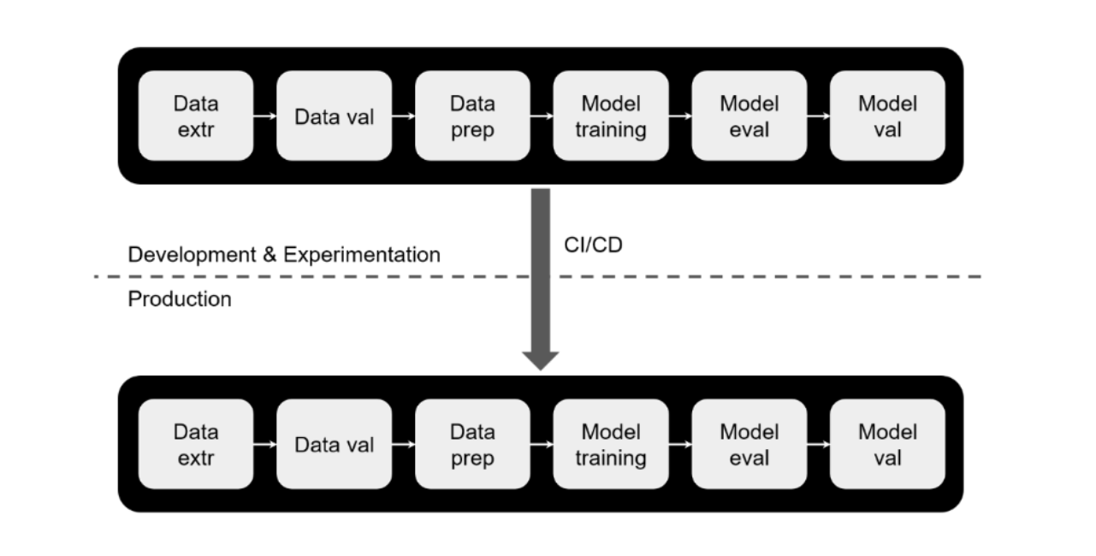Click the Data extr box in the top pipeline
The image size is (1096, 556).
(196, 115)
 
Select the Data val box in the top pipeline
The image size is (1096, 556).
(335, 115)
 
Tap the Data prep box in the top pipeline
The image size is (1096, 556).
(472, 115)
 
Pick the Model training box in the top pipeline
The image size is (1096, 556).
(611, 115)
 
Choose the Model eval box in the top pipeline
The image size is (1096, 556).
(749, 115)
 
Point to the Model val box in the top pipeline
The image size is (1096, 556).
(887, 115)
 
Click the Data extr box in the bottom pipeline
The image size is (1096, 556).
(196, 444)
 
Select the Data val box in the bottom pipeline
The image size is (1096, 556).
(335, 444)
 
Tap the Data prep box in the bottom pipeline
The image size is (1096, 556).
(472, 444)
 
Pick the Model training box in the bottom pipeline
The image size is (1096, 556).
(611, 444)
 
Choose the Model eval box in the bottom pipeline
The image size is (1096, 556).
(749, 444)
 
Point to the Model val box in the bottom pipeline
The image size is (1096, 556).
(887, 444)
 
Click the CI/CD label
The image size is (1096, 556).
(593, 245)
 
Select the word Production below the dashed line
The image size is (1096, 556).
(180, 299)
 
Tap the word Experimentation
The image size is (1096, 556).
(362, 255)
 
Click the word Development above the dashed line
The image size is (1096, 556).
(193, 255)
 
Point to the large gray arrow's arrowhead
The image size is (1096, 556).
(541, 359)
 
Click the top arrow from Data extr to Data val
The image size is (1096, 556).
(265, 115)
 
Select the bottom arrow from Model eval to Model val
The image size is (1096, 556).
(819, 444)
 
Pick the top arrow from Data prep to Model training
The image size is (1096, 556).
(542, 115)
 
